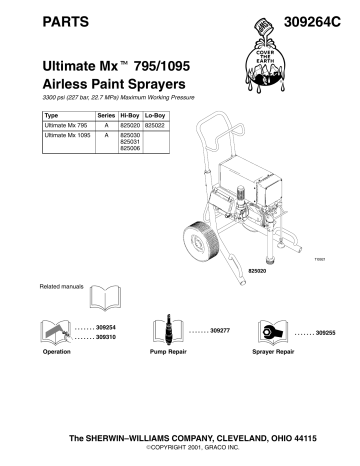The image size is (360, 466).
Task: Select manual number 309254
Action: [x=106, y=328]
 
